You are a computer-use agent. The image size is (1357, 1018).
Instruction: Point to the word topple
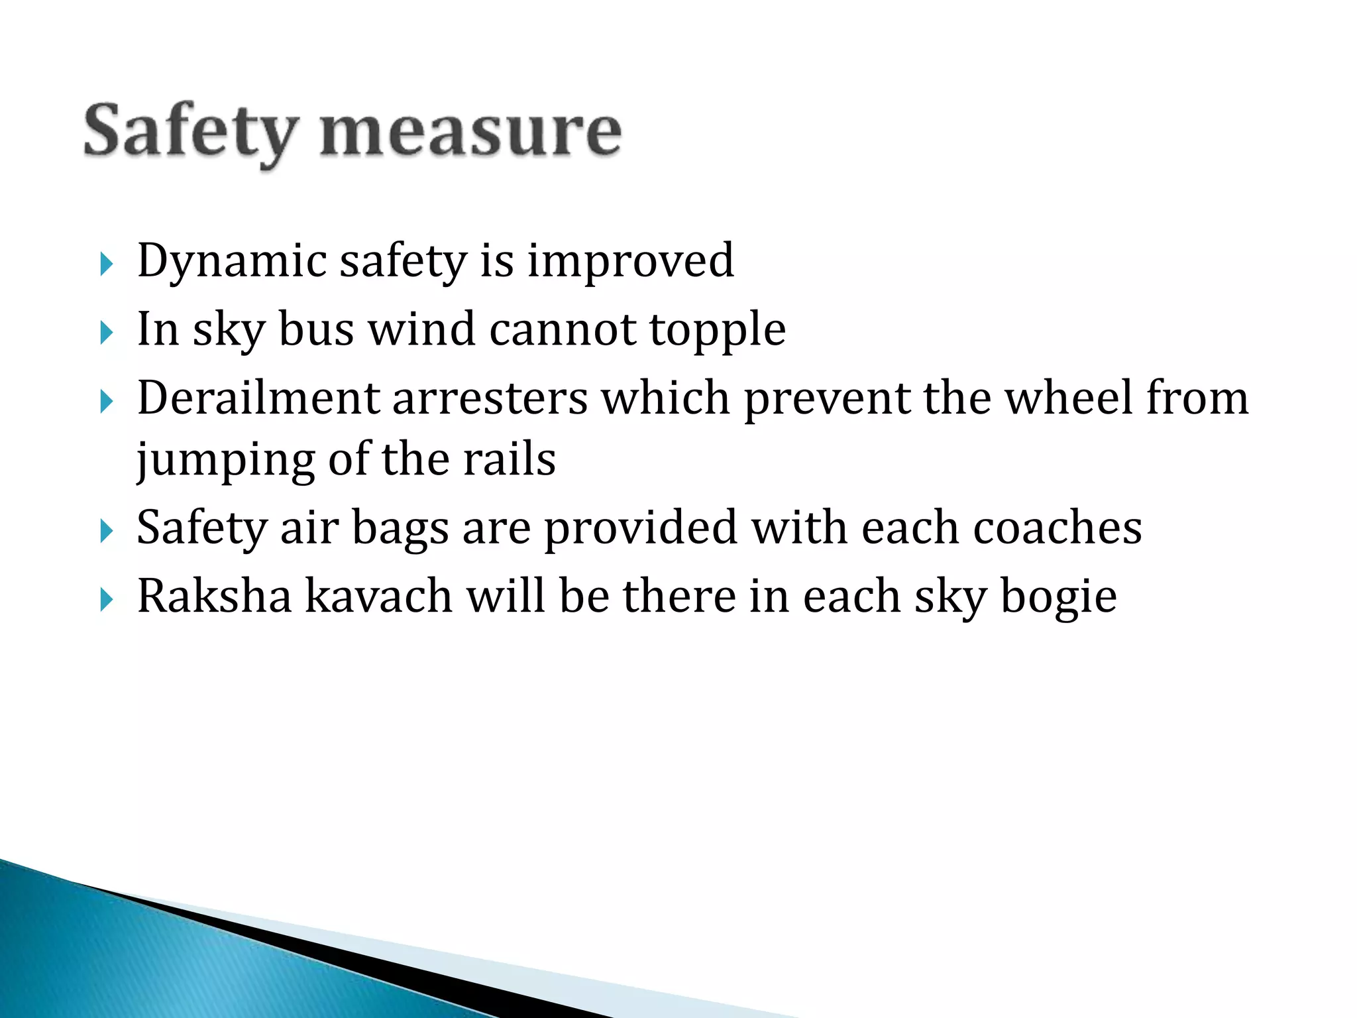point(717,329)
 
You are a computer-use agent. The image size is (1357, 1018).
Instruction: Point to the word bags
point(400,528)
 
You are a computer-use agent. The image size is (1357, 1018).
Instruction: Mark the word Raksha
point(214,596)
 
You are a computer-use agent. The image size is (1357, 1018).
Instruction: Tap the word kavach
point(379,596)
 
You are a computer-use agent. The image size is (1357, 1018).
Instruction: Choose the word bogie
point(1058,597)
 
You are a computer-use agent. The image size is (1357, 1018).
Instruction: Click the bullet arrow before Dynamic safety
point(106,264)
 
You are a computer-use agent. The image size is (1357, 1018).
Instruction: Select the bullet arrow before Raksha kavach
point(106,600)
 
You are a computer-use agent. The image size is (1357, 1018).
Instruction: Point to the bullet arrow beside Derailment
point(106,402)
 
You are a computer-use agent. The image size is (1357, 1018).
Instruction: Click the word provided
point(640,528)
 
